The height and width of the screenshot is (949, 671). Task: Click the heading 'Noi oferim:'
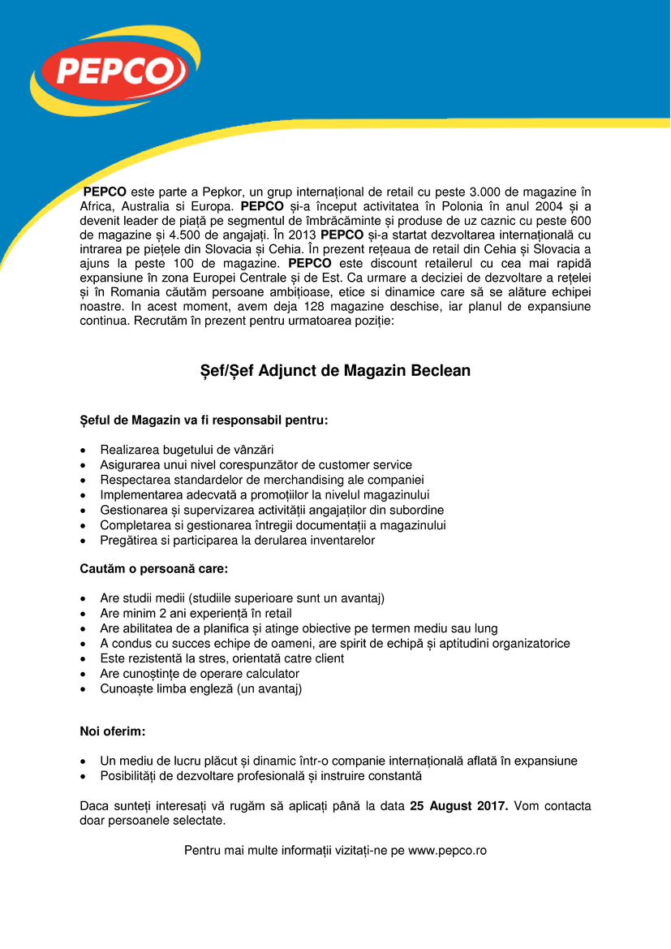[112, 731]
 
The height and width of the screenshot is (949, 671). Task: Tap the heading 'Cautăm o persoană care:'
[153, 569]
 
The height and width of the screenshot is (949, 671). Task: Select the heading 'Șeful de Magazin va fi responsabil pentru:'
[204, 421]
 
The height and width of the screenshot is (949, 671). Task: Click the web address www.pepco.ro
[447, 850]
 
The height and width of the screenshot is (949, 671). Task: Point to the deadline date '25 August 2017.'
[459, 806]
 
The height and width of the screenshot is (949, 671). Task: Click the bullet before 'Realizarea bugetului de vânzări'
[84, 451]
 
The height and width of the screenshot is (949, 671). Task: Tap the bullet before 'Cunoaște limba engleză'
[84, 689]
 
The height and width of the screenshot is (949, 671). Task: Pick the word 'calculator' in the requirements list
[269, 674]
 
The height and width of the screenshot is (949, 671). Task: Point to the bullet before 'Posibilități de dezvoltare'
[84, 777]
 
